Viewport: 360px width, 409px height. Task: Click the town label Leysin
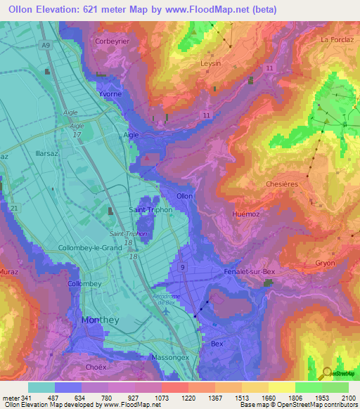click(210, 63)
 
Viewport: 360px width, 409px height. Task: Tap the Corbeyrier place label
click(112, 41)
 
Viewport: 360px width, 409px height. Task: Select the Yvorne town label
click(110, 93)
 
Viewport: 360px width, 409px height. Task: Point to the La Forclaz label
click(337, 40)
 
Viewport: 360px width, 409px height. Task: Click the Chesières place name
click(282, 183)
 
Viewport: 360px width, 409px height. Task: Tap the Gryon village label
click(325, 263)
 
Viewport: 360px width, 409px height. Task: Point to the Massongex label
click(169, 358)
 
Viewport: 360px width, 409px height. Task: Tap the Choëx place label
click(95, 367)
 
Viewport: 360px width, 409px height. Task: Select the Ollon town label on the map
click(185, 196)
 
